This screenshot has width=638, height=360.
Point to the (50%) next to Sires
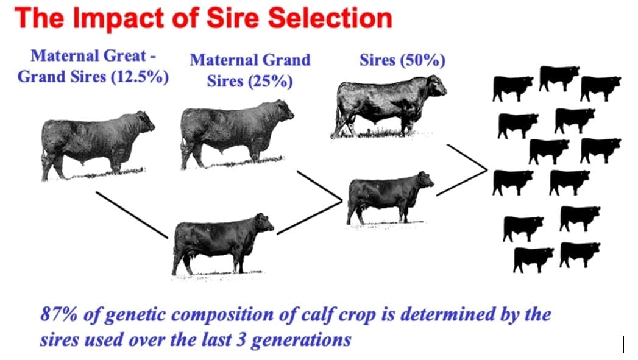[422, 61]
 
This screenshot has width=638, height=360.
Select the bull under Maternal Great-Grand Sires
[97, 145]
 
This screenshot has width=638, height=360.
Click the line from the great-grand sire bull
[132, 215]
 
